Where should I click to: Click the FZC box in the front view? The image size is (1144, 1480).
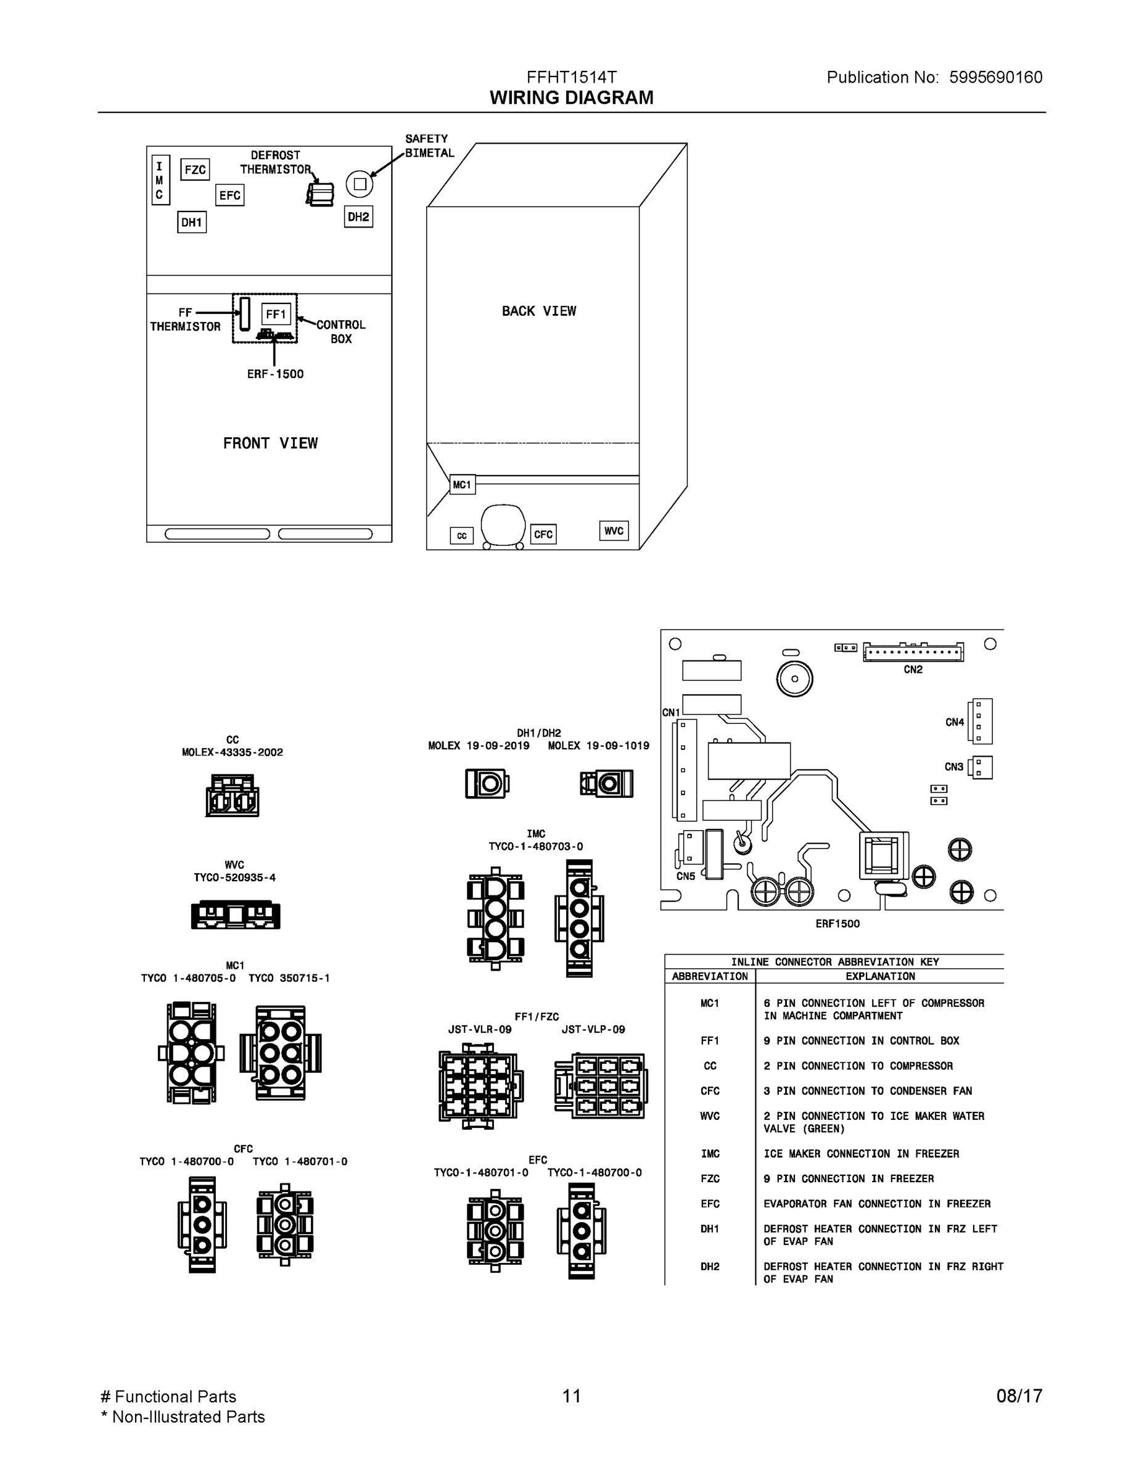[195, 170]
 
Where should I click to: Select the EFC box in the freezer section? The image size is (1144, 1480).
[230, 195]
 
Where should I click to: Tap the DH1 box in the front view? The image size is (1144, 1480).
[192, 222]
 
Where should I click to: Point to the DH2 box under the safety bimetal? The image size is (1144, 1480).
[358, 217]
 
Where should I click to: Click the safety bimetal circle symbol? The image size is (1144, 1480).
[360, 184]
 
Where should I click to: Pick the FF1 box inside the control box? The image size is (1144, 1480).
[276, 314]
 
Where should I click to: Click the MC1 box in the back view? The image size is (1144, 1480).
[462, 485]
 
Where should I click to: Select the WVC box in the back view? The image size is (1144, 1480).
[614, 530]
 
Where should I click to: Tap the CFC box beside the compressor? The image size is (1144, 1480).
[543, 534]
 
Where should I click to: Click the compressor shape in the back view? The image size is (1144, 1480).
[502, 525]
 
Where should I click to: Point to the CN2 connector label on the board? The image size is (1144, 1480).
[913, 670]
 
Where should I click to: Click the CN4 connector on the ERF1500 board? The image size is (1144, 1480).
[980, 721]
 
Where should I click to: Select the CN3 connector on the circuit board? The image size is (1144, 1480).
[981, 768]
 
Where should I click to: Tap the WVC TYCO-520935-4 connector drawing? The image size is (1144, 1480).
[235, 916]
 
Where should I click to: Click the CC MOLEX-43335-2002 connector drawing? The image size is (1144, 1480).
[233, 796]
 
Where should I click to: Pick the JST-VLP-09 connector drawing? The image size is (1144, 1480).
[601, 1085]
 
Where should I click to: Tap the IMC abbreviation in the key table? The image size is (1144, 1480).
[710, 1153]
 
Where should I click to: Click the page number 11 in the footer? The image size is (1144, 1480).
[571, 1396]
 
